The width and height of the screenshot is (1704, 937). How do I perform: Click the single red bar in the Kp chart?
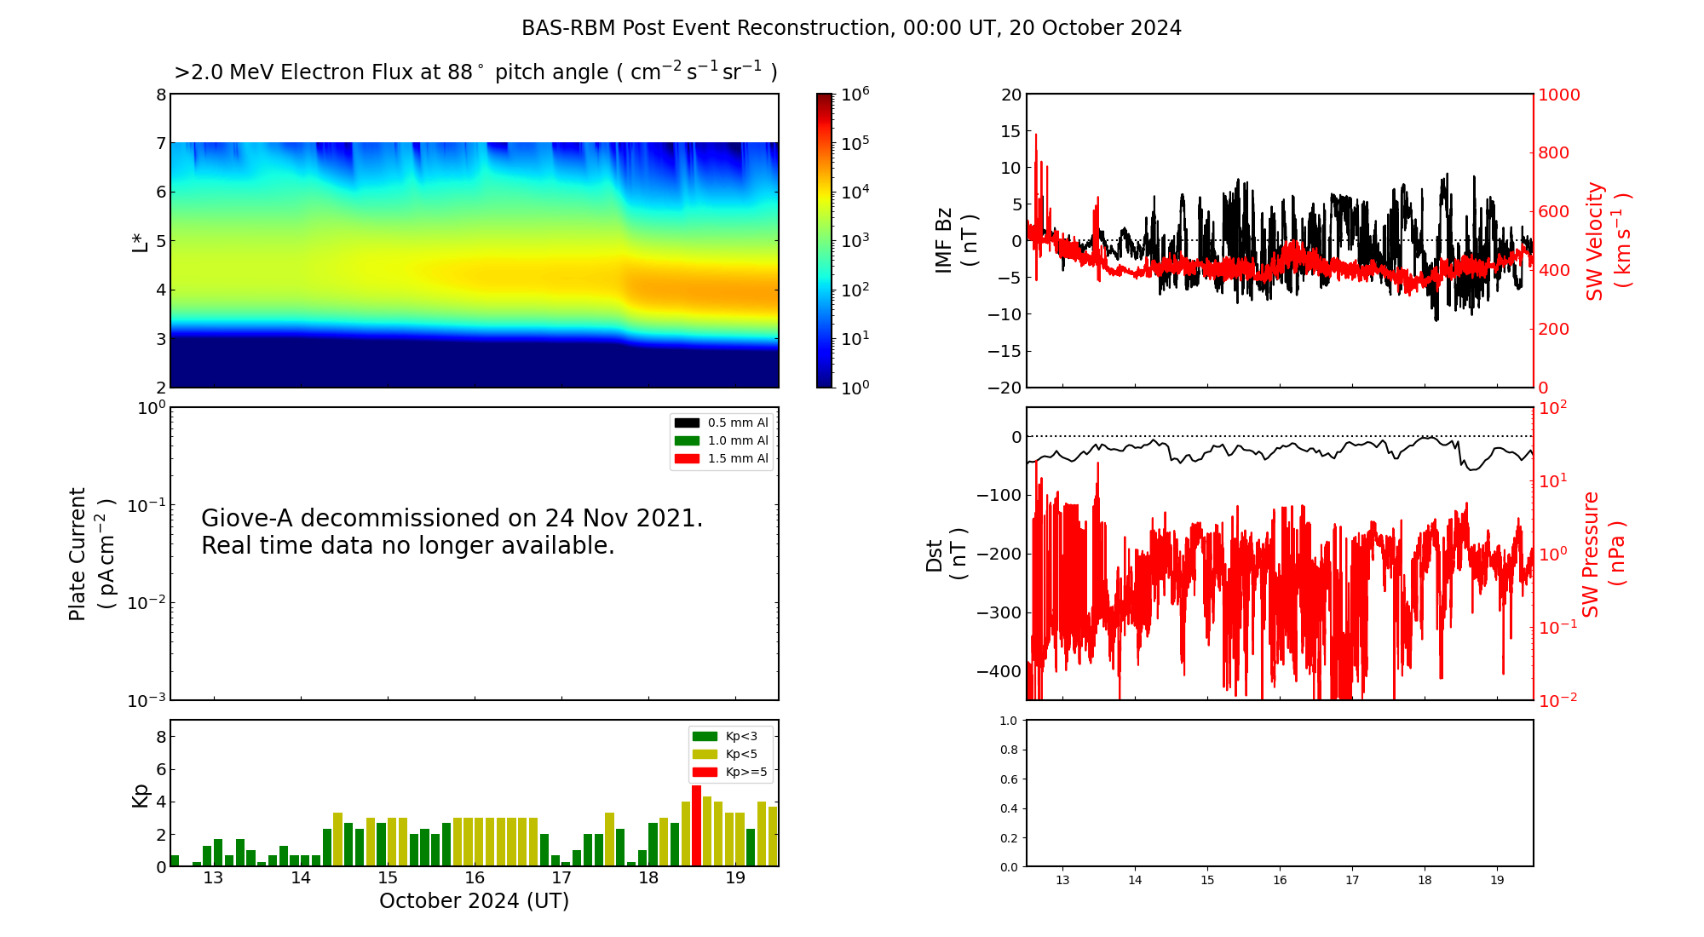(x=696, y=826)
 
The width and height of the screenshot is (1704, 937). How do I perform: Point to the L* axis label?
(x=141, y=241)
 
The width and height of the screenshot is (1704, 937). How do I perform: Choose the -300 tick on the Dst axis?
(x=999, y=612)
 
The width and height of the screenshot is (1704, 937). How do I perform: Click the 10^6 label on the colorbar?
(x=855, y=94)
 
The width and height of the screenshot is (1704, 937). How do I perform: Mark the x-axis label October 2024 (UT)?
(x=474, y=901)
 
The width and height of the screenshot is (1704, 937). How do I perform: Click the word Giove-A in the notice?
(x=248, y=519)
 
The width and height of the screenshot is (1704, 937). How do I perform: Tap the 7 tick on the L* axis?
(x=160, y=143)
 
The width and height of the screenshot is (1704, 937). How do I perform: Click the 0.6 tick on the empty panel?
(x=1008, y=779)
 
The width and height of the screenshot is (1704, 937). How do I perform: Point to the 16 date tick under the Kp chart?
(x=475, y=878)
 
